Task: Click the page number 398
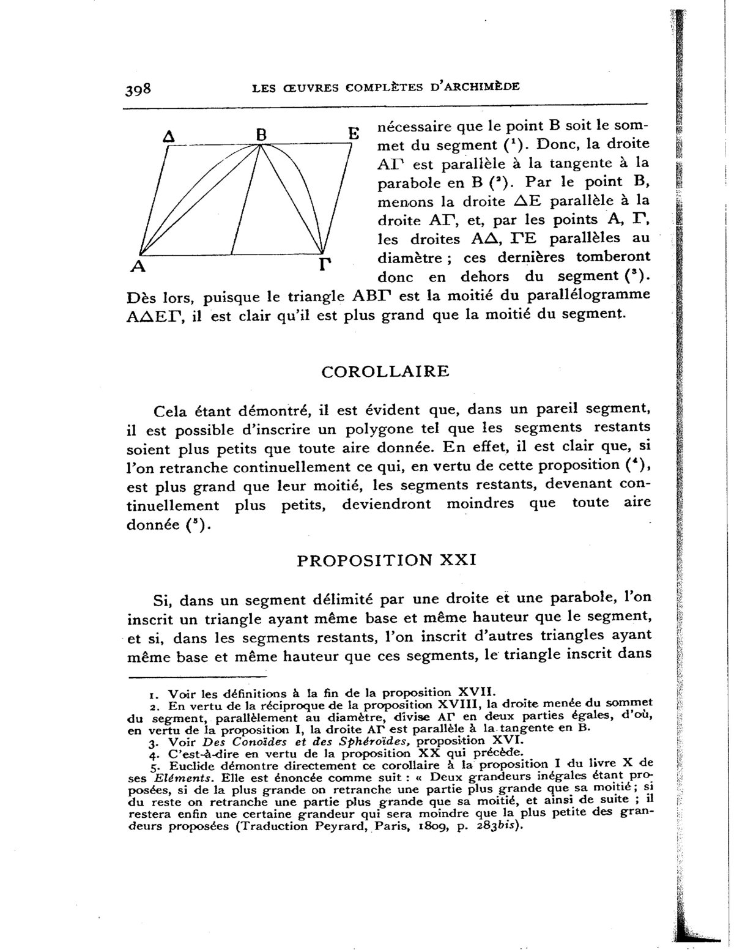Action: (x=138, y=89)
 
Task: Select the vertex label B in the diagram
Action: (x=261, y=135)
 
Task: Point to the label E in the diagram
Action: (x=353, y=134)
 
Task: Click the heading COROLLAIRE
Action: (x=385, y=371)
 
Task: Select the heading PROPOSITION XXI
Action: (x=386, y=561)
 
